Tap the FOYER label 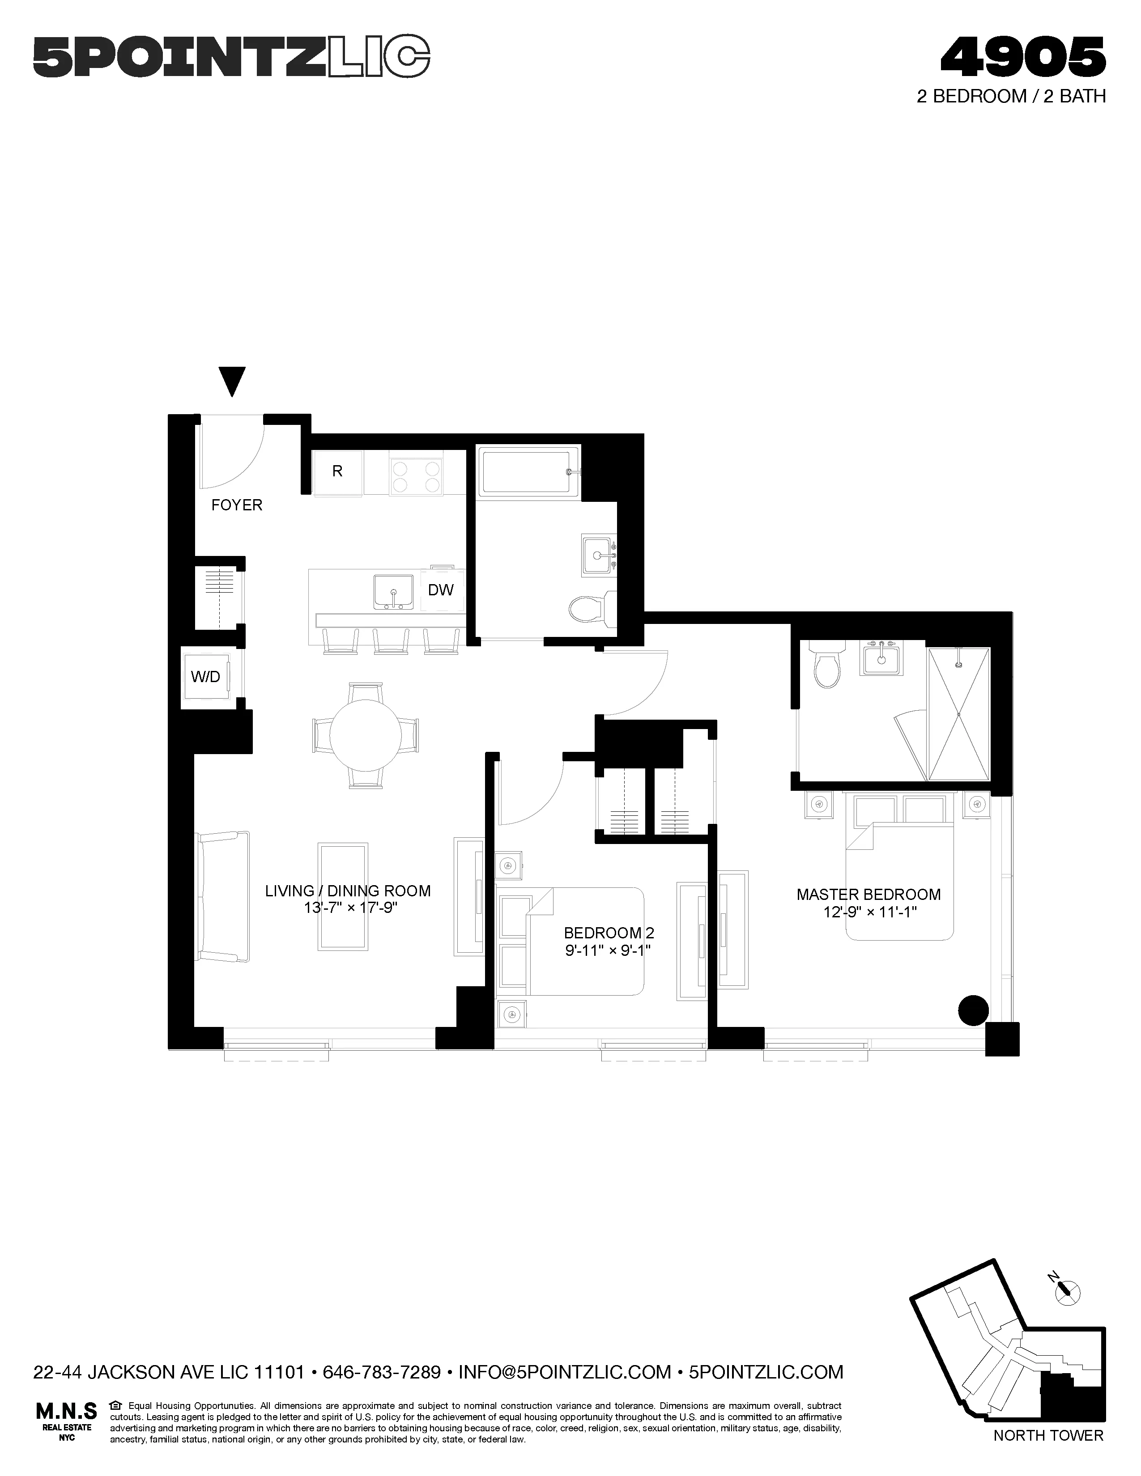(x=237, y=505)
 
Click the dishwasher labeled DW (x=441, y=590)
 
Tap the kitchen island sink (x=393, y=592)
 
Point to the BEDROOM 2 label (x=609, y=933)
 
